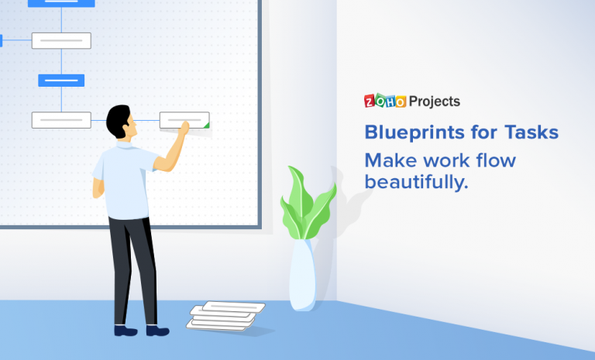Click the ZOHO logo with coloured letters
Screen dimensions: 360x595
[385, 101]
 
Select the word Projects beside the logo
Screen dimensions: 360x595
[434, 101]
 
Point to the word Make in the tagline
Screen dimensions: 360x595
[390, 160]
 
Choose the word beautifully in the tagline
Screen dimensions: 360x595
[416, 183]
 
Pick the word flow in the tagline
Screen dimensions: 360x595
[496, 160]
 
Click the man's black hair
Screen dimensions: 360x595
[119, 118]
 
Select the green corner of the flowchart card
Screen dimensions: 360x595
[205, 124]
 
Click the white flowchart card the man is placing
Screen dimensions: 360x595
[184, 120]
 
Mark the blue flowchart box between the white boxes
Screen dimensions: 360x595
[61, 81]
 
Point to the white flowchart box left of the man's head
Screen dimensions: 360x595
[61, 120]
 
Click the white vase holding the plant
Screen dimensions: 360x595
[302, 274]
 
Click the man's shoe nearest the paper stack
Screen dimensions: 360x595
[157, 331]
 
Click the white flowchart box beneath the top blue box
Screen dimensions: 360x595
[61, 40]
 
